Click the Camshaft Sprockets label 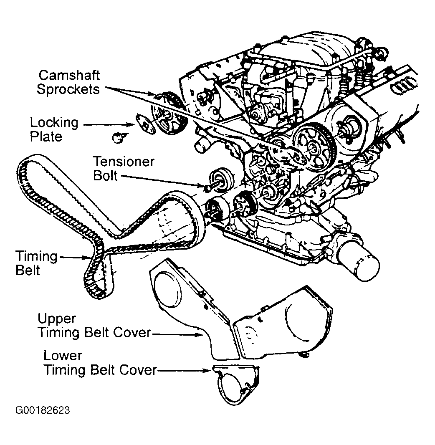(x=68, y=82)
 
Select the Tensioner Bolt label (x=124, y=169)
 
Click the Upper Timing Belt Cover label (x=94, y=326)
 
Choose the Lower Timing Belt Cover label (x=100, y=363)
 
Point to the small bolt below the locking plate (x=118, y=137)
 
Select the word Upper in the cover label (x=57, y=319)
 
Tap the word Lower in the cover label (x=63, y=356)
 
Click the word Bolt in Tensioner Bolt (x=105, y=176)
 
